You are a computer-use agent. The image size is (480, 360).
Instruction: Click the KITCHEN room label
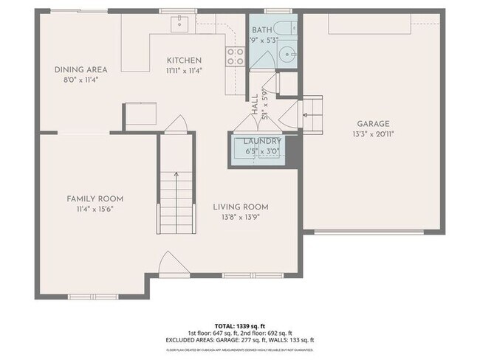(x=184, y=60)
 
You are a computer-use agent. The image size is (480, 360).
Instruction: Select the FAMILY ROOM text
(x=95, y=198)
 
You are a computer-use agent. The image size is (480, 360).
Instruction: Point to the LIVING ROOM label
(x=240, y=207)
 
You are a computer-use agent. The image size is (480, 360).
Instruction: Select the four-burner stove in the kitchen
(x=235, y=56)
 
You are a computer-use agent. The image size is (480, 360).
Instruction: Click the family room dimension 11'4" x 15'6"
(x=95, y=209)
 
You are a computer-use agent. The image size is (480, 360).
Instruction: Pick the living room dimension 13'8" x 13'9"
(x=240, y=217)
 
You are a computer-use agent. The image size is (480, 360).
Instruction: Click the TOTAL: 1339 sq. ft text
(x=240, y=325)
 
